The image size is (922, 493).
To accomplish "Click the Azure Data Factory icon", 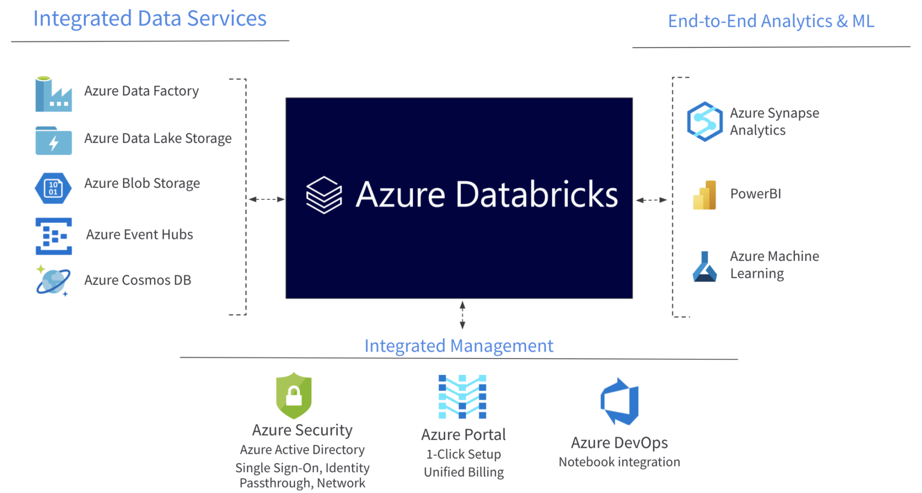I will [53, 94].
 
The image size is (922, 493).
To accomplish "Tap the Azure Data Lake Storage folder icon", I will [53, 140].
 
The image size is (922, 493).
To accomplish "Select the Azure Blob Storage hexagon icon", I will [53, 188].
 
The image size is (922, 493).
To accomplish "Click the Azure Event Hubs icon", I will [54, 236].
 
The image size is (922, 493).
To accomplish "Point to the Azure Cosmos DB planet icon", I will [53, 281].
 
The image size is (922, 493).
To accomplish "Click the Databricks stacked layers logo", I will [324, 194].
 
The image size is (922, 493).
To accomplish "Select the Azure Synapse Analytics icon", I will [705, 122].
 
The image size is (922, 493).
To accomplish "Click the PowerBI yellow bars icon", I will [705, 195].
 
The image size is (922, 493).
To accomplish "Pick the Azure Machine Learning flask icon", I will [705, 267].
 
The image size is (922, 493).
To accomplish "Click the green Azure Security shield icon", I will [294, 395].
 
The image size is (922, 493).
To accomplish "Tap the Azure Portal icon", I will [462, 397].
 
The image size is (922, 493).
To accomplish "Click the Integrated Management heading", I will [458, 346].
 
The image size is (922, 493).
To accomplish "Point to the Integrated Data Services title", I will [150, 19].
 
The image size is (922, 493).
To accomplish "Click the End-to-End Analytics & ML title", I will [771, 21].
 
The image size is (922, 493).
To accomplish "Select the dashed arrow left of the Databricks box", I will [267, 199].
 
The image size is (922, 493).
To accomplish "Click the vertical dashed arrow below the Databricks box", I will [462, 315].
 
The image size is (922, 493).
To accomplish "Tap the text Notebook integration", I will [619, 462].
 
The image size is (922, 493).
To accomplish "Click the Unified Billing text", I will [464, 472].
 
